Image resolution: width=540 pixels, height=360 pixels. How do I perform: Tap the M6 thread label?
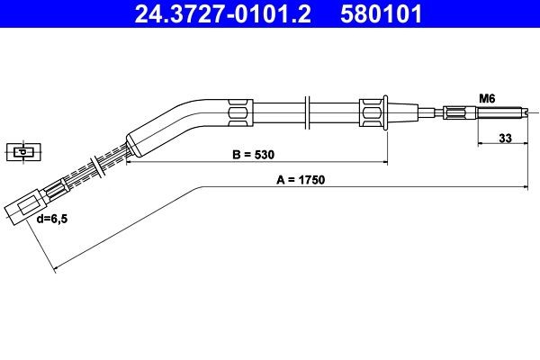(x=487, y=97)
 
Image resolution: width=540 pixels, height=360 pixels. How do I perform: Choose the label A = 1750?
(x=300, y=179)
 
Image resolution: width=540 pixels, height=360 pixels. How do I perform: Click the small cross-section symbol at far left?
(x=21, y=150)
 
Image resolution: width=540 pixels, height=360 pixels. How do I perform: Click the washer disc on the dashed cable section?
(x=97, y=167)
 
